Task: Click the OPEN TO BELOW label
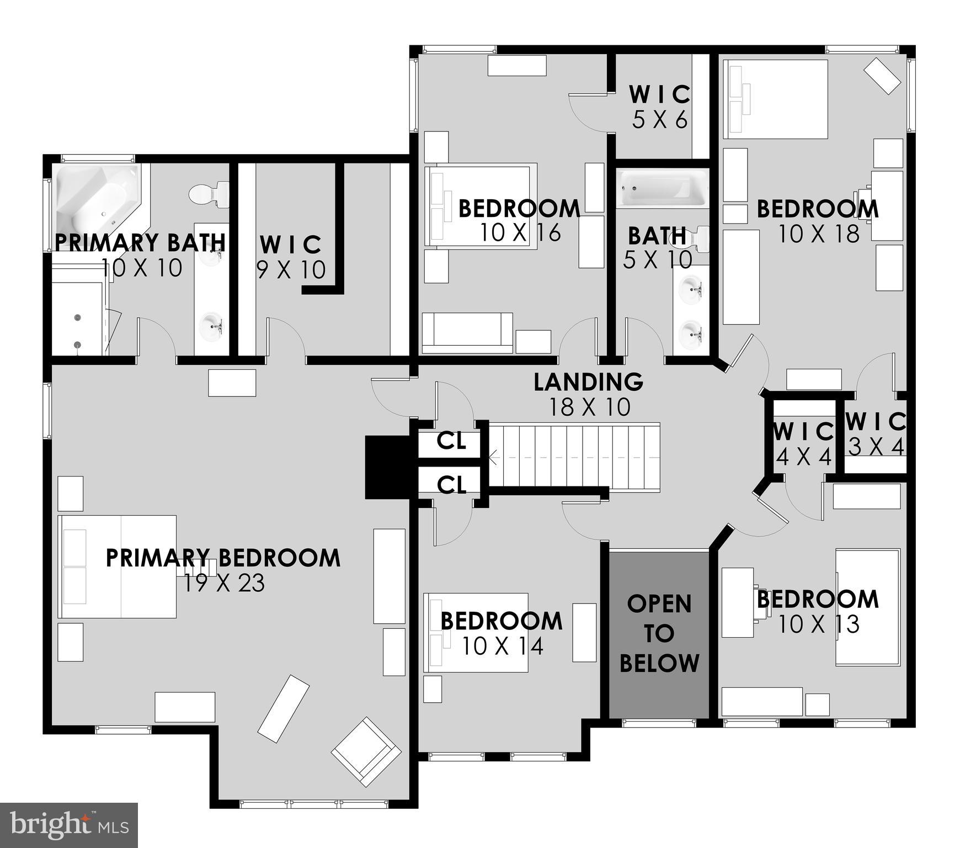[659, 634]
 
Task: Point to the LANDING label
[588, 382]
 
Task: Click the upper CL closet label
[451, 441]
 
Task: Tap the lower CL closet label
[451, 485]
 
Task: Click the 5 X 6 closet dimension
[660, 120]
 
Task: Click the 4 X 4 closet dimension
[803, 457]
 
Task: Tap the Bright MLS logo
[68, 825]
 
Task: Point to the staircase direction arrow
[493, 458]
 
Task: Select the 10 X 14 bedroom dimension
[502, 646]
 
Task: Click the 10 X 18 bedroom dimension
[819, 234]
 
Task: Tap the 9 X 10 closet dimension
[291, 269]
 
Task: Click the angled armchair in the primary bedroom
[366, 751]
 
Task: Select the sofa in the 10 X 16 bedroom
[467, 333]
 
